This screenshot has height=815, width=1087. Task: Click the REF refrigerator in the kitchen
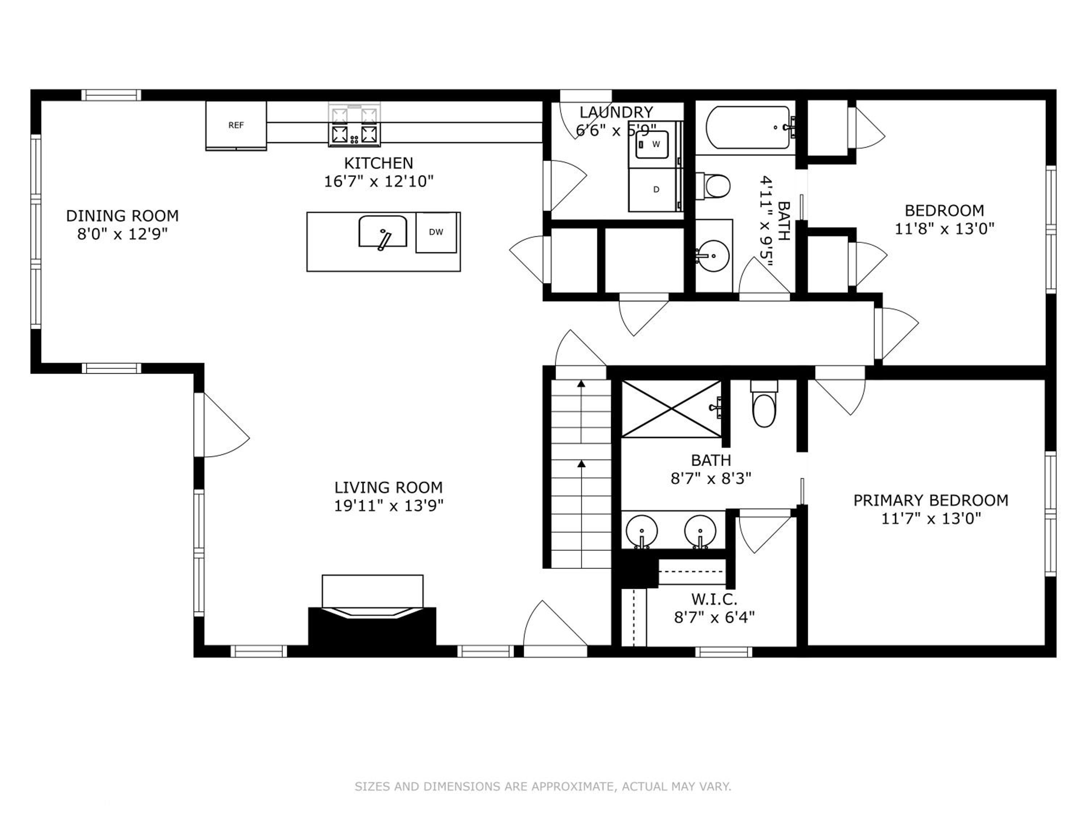click(x=236, y=125)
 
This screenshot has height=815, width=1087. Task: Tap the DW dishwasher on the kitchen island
click(x=436, y=233)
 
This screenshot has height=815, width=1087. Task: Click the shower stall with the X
click(x=671, y=409)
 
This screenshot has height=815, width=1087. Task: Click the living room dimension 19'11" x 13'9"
click(x=389, y=506)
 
